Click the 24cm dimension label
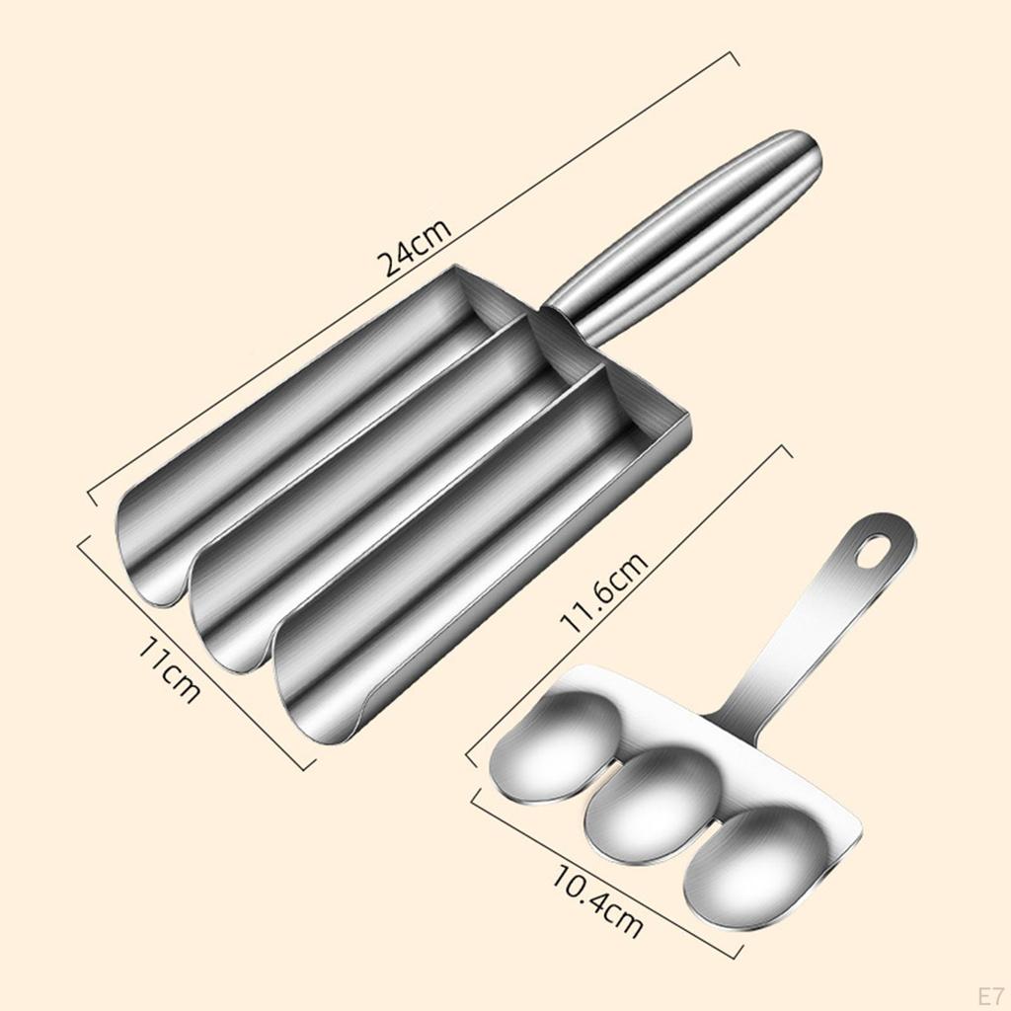[x=415, y=248]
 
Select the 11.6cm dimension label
[x=604, y=592]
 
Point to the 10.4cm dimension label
[x=598, y=901]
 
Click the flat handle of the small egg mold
[x=810, y=632]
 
